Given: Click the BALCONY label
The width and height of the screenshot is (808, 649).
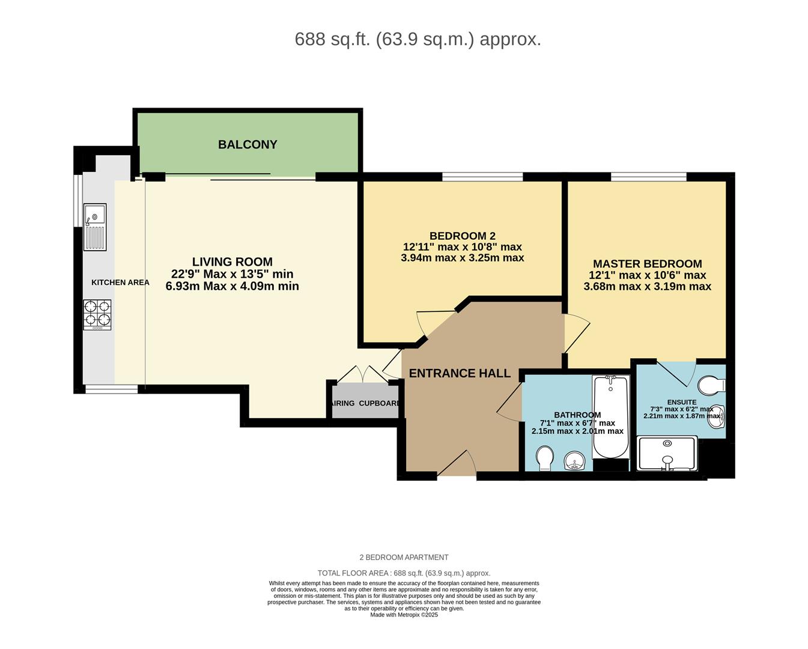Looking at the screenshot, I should pyautogui.click(x=248, y=145).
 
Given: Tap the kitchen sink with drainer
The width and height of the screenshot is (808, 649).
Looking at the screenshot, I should pyautogui.click(x=95, y=227).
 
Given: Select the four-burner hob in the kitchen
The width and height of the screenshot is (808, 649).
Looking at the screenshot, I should pyautogui.click(x=97, y=314).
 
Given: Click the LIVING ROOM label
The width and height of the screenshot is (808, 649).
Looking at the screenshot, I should pyautogui.click(x=232, y=262).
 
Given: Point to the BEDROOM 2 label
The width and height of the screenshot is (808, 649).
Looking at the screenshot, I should pyautogui.click(x=462, y=236).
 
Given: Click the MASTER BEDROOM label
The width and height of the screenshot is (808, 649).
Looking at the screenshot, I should pyautogui.click(x=647, y=264).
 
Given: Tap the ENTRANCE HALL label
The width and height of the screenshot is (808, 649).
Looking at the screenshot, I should pyautogui.click(x=460, y=373).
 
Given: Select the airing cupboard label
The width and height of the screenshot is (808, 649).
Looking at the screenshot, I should pyautogui.click(x=365, y=403).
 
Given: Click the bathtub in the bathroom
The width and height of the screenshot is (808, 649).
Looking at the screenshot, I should pyautogui.click(x=610, y=416).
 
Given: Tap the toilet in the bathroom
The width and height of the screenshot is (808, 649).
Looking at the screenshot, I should pyautogui.click(x=545, y=458).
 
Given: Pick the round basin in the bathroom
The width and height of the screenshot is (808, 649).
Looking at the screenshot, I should pyautogui.click(x=576, y=462).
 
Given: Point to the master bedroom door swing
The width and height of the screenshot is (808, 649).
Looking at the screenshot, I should pyautogui.click(x=576, y=332).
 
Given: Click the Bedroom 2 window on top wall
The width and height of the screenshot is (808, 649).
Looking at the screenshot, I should pyautogui.click(x=482, y=177).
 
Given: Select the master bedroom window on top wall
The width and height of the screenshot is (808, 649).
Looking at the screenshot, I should pyautogui.click(x=648, y=177).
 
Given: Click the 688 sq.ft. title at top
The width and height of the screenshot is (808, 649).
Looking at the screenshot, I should pyautogui.click(x=418, y=39).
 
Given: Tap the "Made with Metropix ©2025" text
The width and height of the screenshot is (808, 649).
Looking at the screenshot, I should pyautogui.click(x=404, y=615).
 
